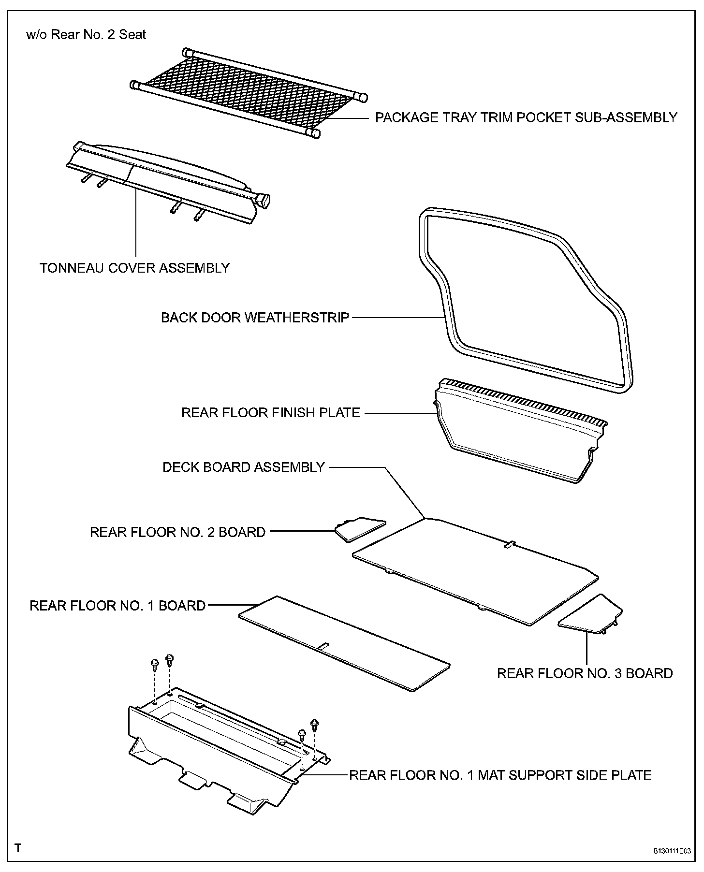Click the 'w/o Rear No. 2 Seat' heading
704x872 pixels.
point(86,35)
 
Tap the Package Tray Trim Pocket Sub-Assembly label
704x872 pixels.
point(526,117)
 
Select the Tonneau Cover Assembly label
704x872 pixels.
point(134,268)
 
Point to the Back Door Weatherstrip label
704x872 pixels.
point(255,318)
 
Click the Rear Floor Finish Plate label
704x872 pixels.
point(271,413)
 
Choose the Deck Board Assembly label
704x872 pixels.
point(244,467)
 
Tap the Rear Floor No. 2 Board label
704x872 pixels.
point(177,532)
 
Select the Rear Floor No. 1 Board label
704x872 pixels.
point(117,606)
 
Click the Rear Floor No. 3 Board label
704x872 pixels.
point(585,673)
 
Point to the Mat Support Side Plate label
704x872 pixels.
point(500,775)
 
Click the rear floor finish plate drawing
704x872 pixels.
point(517,435)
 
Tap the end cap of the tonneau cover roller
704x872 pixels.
point(263,201)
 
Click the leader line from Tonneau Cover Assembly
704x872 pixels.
point(136,222)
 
